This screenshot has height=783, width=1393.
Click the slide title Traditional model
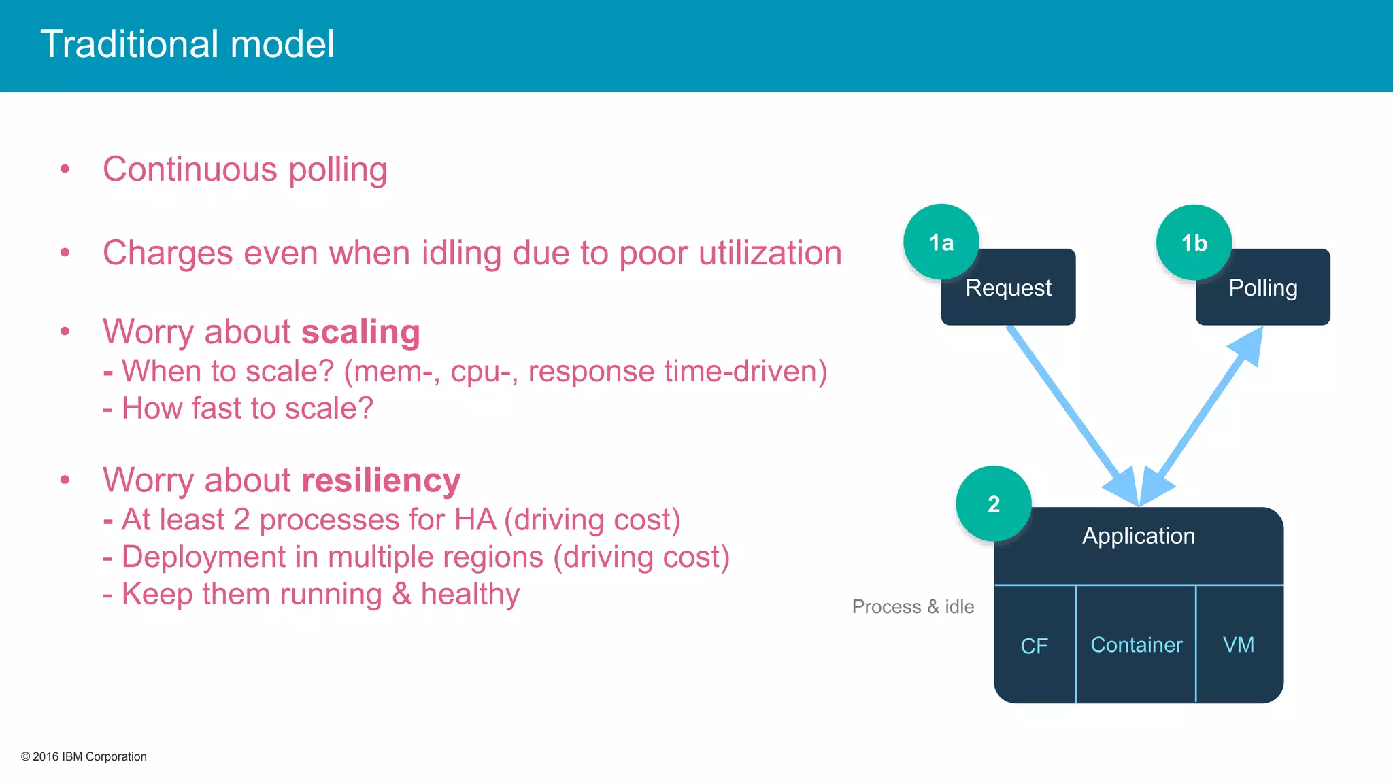tap(187, 45)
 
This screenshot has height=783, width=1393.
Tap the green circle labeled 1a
tap(941, 242)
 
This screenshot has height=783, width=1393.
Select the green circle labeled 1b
tap(1194, 243)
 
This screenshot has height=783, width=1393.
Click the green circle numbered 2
tap(993, 504)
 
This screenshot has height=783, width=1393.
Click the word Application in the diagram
tap(1138, 536)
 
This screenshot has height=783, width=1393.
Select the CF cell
tap(1034, 645)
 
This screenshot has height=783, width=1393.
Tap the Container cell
tap(1136, 644)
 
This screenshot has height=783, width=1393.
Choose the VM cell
tap(1238, 644)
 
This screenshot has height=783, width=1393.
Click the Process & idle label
tap(913, 606)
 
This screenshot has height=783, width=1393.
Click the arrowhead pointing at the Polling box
tap(1248, 346)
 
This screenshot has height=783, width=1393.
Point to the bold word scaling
tap(360, 332)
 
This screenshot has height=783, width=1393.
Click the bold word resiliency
tap(381, 481)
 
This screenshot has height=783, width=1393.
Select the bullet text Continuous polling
tap(245, 169)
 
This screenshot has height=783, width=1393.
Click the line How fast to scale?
tap(238, 408)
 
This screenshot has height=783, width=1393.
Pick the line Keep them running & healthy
tap(312, 594)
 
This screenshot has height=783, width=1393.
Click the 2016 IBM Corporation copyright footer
tap(84, 756)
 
